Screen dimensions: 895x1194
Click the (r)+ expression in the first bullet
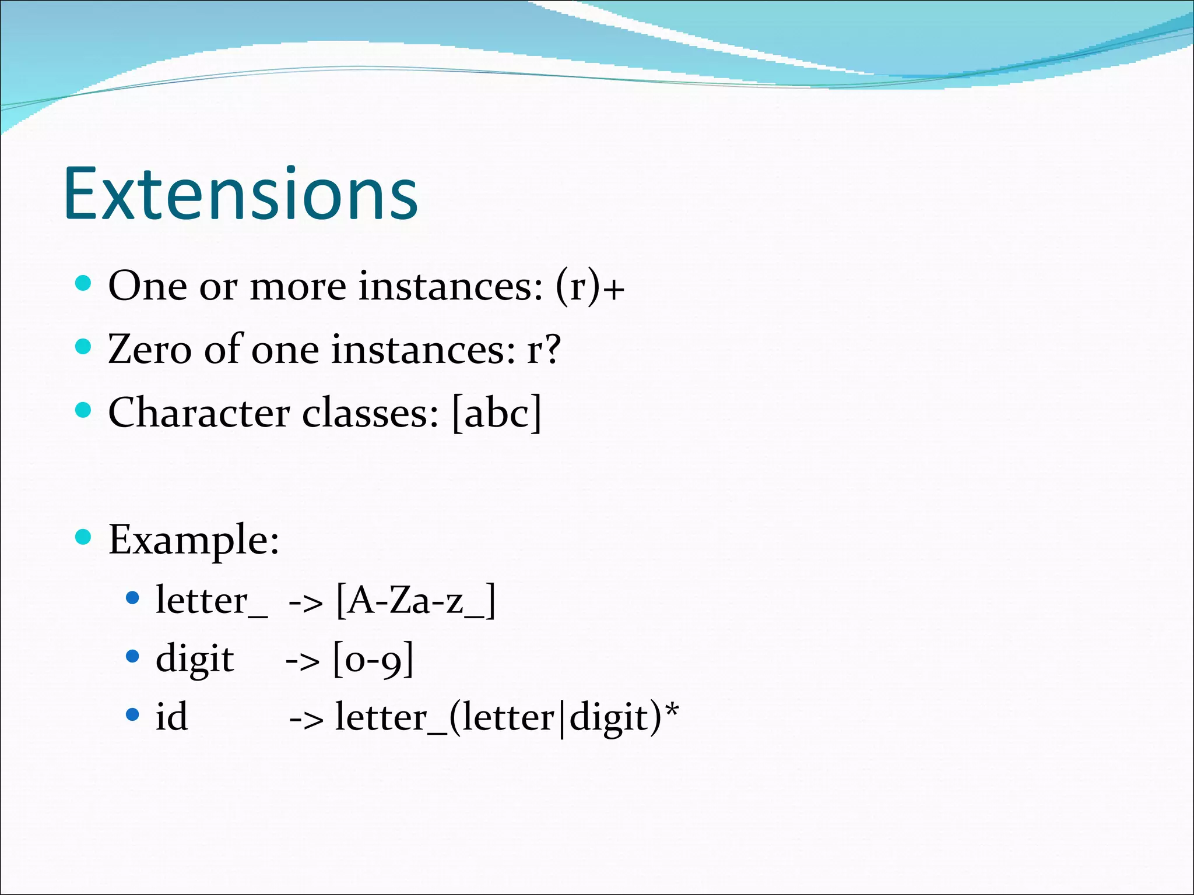coord(589,287)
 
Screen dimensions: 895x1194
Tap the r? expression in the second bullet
coord(543,350)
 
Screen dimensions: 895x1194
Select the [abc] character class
coord(497,413)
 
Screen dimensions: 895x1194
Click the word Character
coord(199,413)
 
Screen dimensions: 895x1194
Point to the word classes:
coord(370,413)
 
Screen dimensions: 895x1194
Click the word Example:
coord(194,540)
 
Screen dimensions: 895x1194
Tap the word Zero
coord(149,350)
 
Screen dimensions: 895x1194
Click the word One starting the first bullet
coord(148,287)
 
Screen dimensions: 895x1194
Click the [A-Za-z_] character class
coord(416,601)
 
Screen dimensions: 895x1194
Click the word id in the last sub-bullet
coord(171,717)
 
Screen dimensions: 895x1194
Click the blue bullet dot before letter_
coord(133,598)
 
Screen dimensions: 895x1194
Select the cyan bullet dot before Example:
coord(84,537)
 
